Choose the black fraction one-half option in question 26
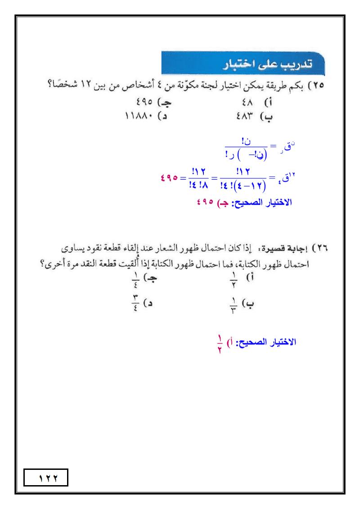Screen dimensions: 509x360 point(234,281)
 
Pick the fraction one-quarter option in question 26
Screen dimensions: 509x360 point(134,281)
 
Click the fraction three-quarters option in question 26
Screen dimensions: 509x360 point(134,305)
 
